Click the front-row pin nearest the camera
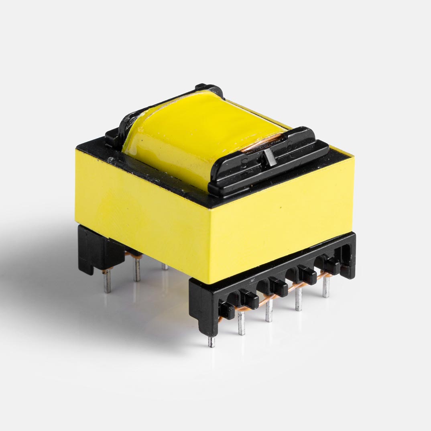(x=211, y=341)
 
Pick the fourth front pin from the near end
(x=298, y=300)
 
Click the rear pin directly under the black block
(x=106, y=281)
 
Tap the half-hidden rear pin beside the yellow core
(x=165, y=266)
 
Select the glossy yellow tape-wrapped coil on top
(x=201, y=128)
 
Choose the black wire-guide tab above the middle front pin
(x=278, y=287)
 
